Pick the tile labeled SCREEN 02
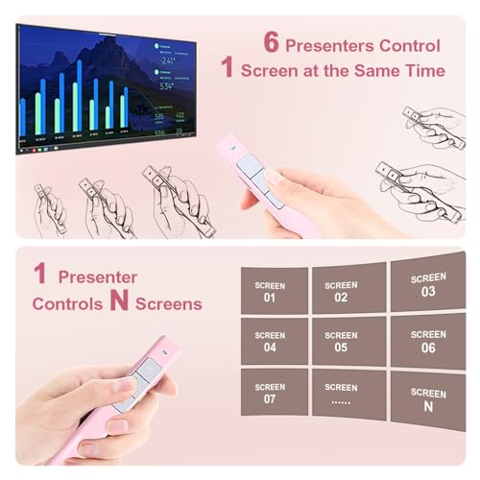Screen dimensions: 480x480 [341, 290]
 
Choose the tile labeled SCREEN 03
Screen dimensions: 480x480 [428, 285]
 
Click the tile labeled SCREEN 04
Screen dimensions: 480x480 [270, 342]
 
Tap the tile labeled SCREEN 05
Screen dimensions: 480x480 [341, 341]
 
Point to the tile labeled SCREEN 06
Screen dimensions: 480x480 [428, 341]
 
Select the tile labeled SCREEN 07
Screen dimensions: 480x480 [270, 393]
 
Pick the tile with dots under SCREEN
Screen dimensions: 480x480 [341, 393]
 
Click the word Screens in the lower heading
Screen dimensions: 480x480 [168, 303]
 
